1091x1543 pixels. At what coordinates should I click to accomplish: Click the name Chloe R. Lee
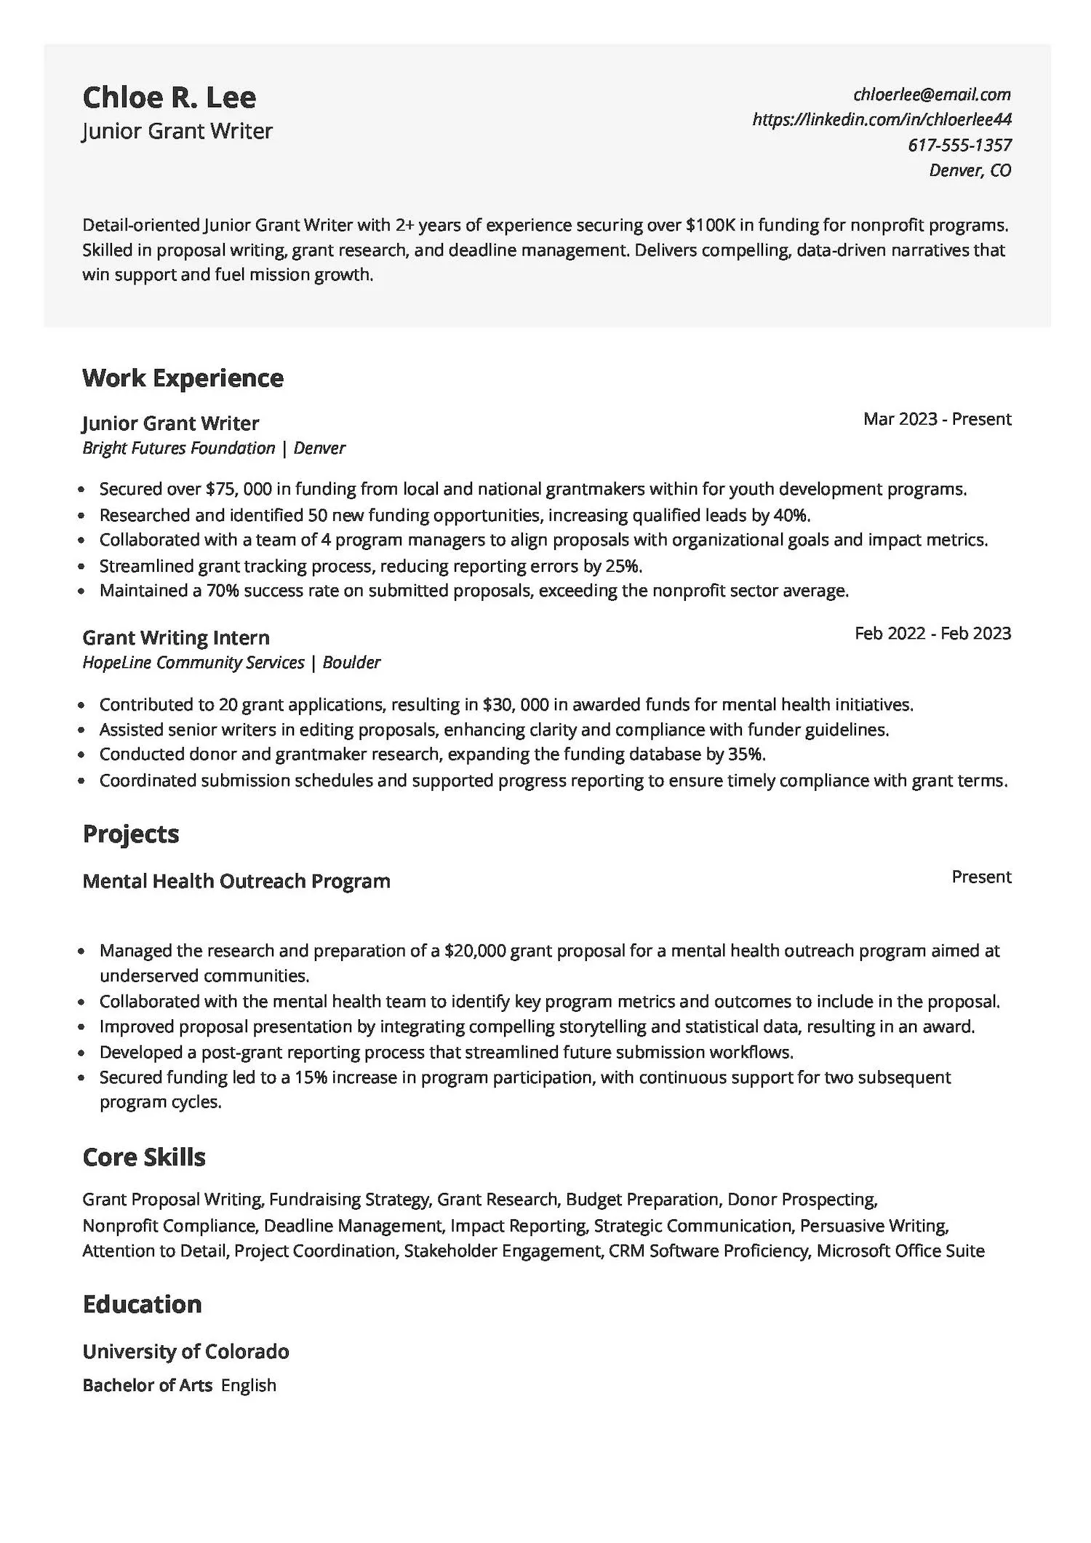click(169, 97)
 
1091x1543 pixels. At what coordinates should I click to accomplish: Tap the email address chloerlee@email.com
click(932, 94)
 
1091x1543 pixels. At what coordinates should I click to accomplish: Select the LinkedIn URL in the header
click(882, 119)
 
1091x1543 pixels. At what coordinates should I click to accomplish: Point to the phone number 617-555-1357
click(959, 145)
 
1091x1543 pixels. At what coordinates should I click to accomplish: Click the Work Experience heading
click(183, 378)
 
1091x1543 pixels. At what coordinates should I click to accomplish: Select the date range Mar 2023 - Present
click(937, 419)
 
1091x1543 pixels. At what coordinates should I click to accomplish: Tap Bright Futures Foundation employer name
click(178, 448)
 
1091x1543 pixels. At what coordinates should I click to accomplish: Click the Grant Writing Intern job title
click(176, 637)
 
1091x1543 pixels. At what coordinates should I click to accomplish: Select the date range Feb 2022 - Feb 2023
click(932, 633)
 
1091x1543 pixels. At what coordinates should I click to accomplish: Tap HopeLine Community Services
click(193, 663)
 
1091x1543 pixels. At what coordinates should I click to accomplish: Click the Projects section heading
click(131, 834)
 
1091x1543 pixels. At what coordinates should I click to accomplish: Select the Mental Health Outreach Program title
click(236, 881)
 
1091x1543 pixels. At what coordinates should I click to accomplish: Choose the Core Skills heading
click(144, 1157)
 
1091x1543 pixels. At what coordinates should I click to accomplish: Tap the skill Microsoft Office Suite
click(900, 1251)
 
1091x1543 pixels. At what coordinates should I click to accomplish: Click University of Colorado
click(185, 1352)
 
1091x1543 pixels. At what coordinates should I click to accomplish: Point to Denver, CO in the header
click(970, 170)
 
